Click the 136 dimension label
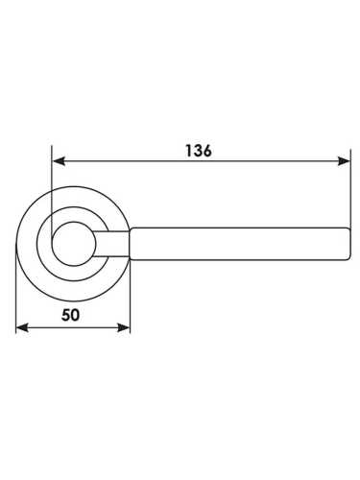click(199, 151)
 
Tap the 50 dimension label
click(70, 315)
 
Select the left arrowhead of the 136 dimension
click(59, 161)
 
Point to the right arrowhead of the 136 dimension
click(344, 161)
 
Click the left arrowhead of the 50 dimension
click(22, 327)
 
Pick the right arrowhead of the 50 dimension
click(124, 327)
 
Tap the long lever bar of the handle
click(239, 244)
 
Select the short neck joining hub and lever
click(111, 244)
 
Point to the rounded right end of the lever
click(348, 244)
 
